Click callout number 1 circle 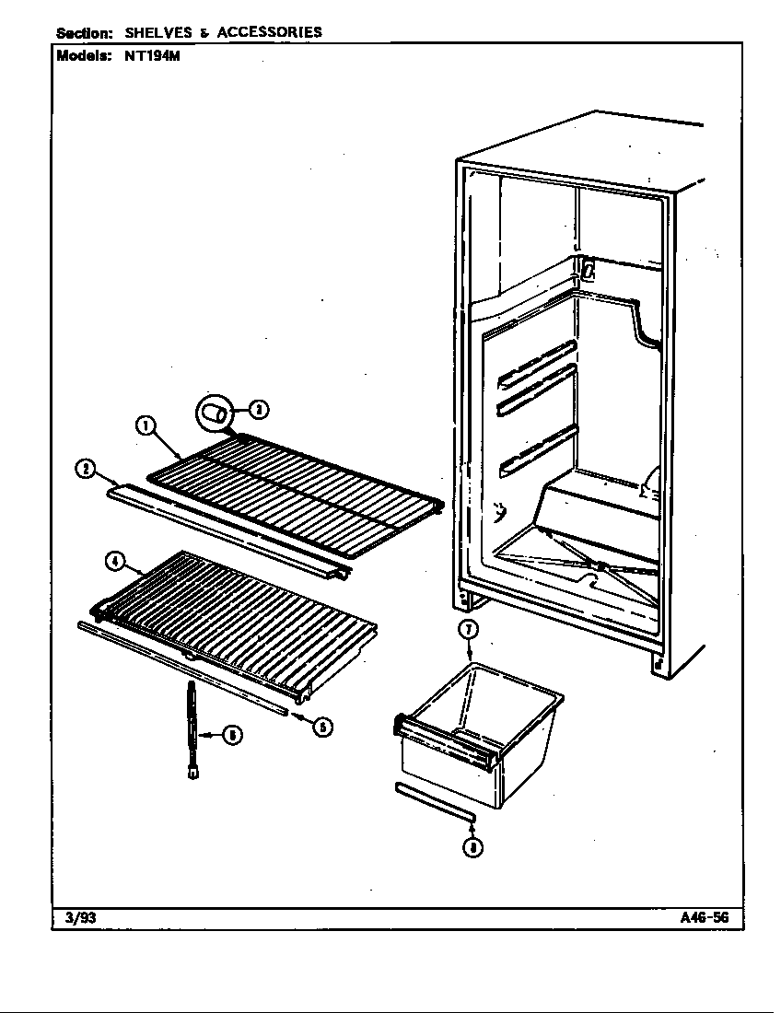coord(145,425)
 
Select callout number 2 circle coord(84,470)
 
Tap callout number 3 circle coord(260,410)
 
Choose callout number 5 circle coord(323,727)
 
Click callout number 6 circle coord(234,735)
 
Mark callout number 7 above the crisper coord(469,630)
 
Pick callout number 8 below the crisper coord(472,848)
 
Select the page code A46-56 coord(705,916)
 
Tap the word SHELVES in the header coord(158,32)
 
